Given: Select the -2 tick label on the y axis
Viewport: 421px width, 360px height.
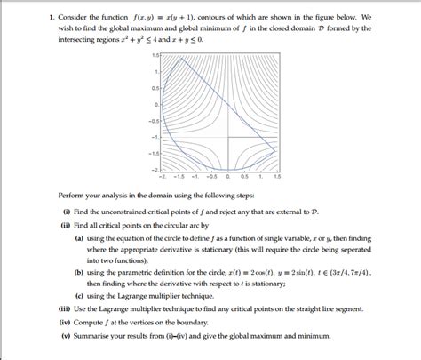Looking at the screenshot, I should coord(155,168).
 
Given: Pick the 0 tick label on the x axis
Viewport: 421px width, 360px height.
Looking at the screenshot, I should coord(229,176).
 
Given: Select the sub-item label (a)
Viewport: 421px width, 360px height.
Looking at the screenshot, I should coord(80,238).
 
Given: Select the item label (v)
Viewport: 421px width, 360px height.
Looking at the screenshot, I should coord(66,338).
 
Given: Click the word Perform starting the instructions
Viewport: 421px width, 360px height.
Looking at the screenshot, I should coord(72,195).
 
